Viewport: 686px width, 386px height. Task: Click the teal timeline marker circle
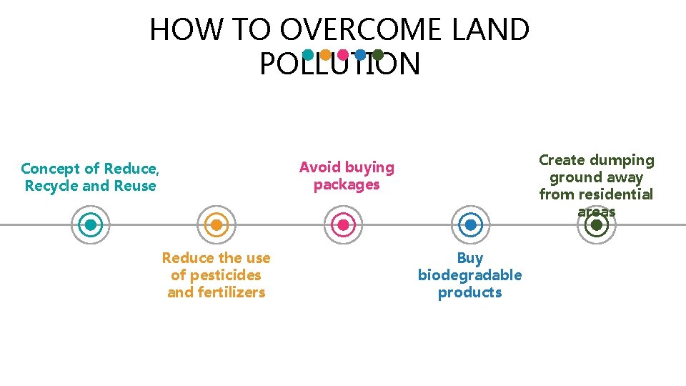point(91,225)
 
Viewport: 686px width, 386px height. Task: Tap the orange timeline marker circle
point(217,225)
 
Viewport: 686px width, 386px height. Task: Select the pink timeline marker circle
point(343,225)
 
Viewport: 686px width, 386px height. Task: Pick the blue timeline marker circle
point(470,225)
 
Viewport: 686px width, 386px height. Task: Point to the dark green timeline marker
point(596,225)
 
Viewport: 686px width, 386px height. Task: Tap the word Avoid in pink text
point(319,167)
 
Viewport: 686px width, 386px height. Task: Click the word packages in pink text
point(347,184)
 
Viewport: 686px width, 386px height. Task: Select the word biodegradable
point(469,275)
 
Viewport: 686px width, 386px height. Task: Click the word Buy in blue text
point(470,258)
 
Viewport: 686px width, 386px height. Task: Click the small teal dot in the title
point(308,54)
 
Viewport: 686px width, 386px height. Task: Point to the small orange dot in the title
point(325,54)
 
